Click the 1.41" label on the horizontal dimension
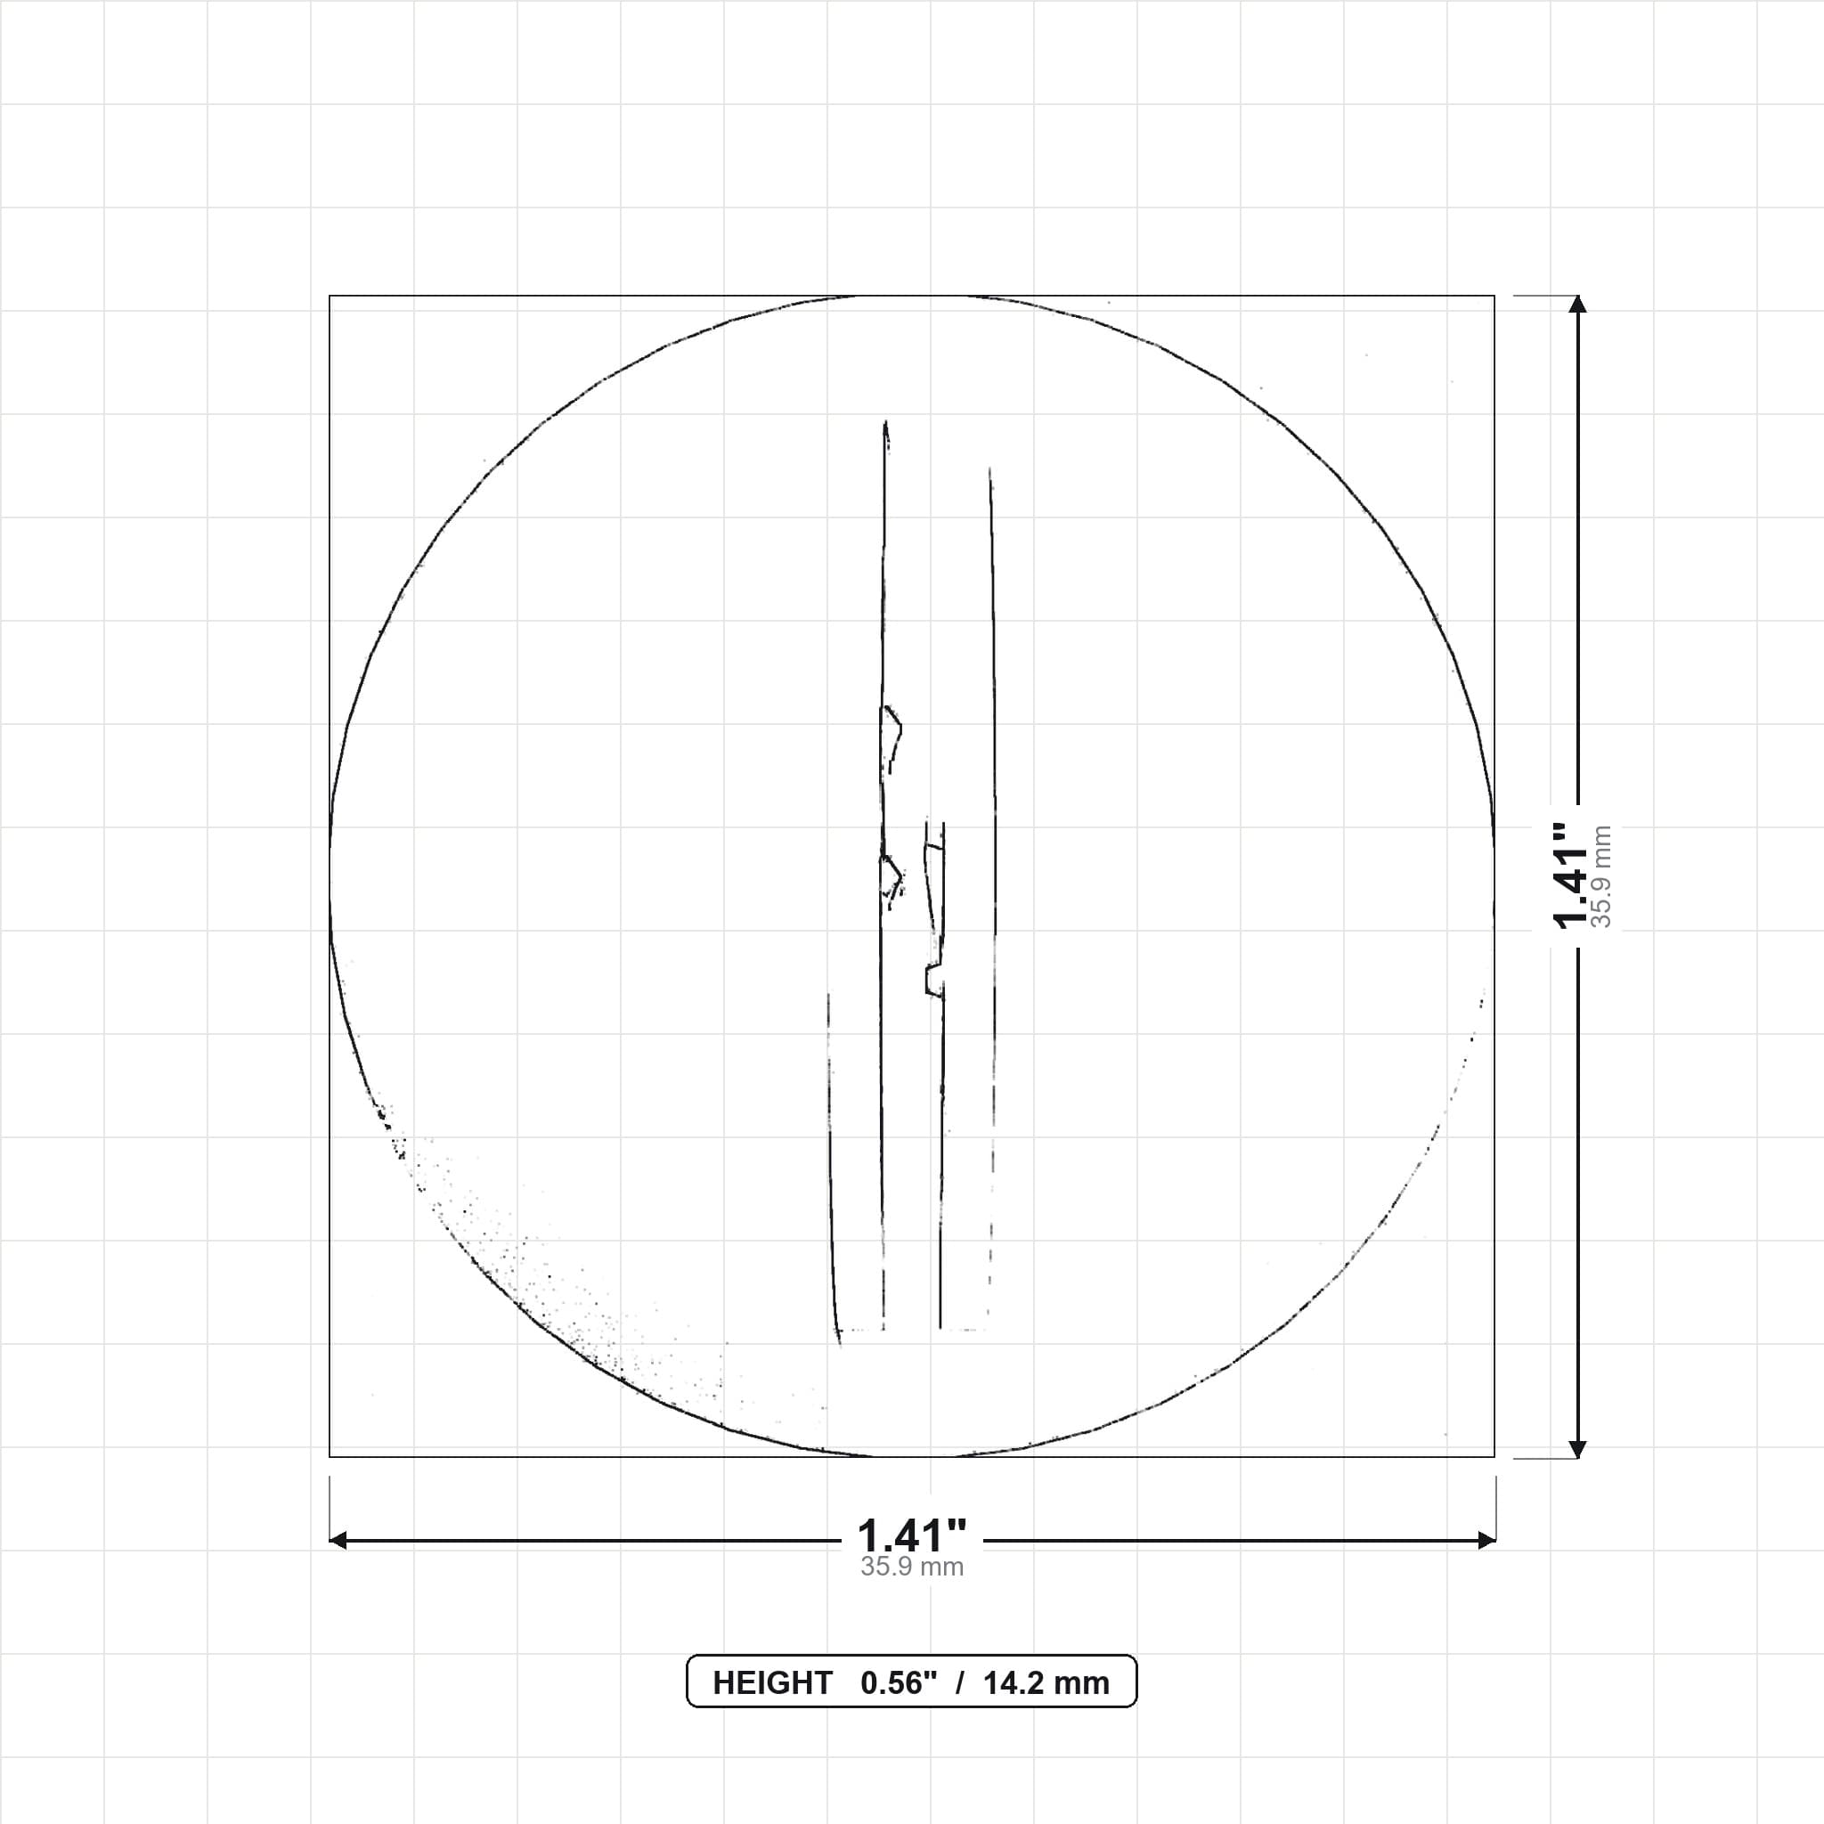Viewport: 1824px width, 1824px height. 912,1535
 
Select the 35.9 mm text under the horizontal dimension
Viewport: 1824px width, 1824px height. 912,1567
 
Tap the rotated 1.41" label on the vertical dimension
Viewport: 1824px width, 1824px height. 1571,876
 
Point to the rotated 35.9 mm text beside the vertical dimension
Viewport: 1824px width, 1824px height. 1601,876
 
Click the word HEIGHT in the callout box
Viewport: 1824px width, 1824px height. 772,1682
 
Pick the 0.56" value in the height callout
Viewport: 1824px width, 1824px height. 899,1682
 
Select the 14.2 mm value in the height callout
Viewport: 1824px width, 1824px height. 1046,1682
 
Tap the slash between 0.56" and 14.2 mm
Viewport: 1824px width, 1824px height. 960,1682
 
